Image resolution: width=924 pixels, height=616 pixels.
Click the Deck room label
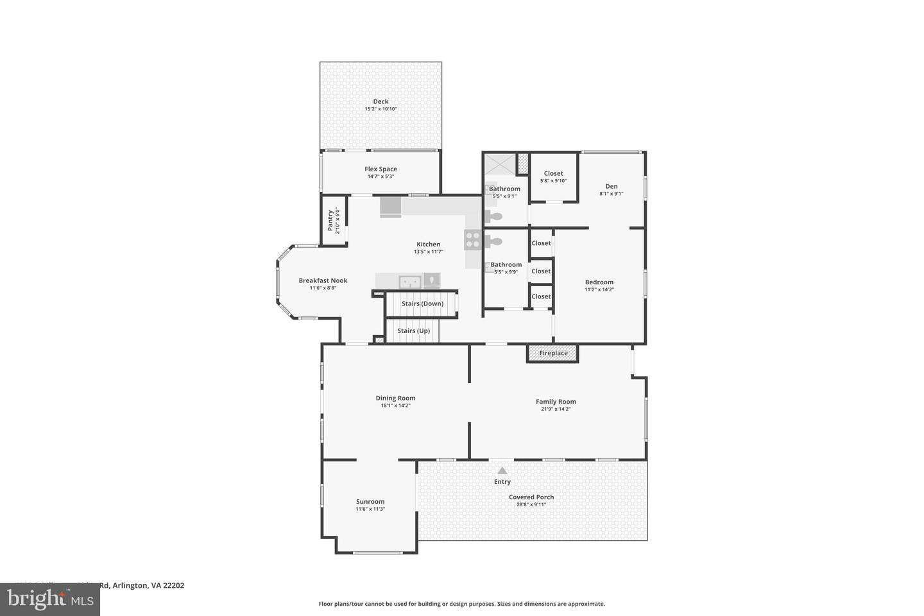(381, 101)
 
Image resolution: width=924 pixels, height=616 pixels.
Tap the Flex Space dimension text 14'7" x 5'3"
(381, 176)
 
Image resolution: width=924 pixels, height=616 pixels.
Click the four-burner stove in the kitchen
(473, 240)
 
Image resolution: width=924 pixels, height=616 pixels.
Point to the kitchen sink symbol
(409, 281)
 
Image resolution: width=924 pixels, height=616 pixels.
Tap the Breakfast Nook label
(323, 280)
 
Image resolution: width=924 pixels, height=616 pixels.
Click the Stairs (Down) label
(422, 304)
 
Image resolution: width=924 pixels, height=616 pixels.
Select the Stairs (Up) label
(413, 331)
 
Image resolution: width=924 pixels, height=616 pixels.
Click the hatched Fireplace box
(552, 354)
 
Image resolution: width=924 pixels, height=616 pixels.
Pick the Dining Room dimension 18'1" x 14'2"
(395, 406)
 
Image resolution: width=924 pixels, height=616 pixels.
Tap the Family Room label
(556, 402)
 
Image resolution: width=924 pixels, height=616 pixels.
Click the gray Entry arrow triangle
(502, 471)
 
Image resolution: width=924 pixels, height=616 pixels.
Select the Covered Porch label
(531, 497)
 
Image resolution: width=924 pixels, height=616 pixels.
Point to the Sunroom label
(370, 502)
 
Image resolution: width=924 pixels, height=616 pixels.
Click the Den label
(611, 186)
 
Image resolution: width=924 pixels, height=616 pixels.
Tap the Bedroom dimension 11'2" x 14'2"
(599, 289)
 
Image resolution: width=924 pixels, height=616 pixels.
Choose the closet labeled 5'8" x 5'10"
(553, 177)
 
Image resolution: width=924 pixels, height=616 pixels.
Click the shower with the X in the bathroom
(500, 164)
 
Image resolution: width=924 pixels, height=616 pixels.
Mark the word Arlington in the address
(132, 585)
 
